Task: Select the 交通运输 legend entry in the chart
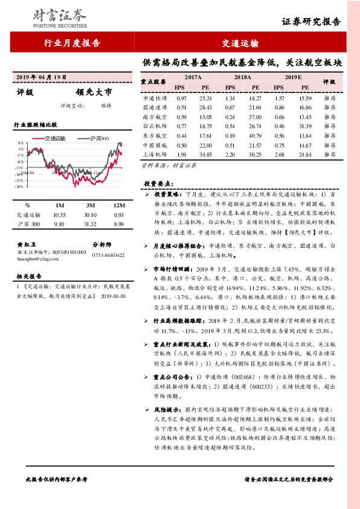[56, 138]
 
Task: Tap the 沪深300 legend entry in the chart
[97, 138]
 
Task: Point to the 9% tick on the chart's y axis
[21, 143]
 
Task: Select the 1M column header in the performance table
[59, 206]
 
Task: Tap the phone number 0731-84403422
[109, 255]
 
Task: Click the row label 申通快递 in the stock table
[155, 97]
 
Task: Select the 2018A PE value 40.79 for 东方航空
[255, 137]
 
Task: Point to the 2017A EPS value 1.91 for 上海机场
[181, 156]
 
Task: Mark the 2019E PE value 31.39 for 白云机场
[304, 126]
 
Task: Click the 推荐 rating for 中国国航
[330, 146]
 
